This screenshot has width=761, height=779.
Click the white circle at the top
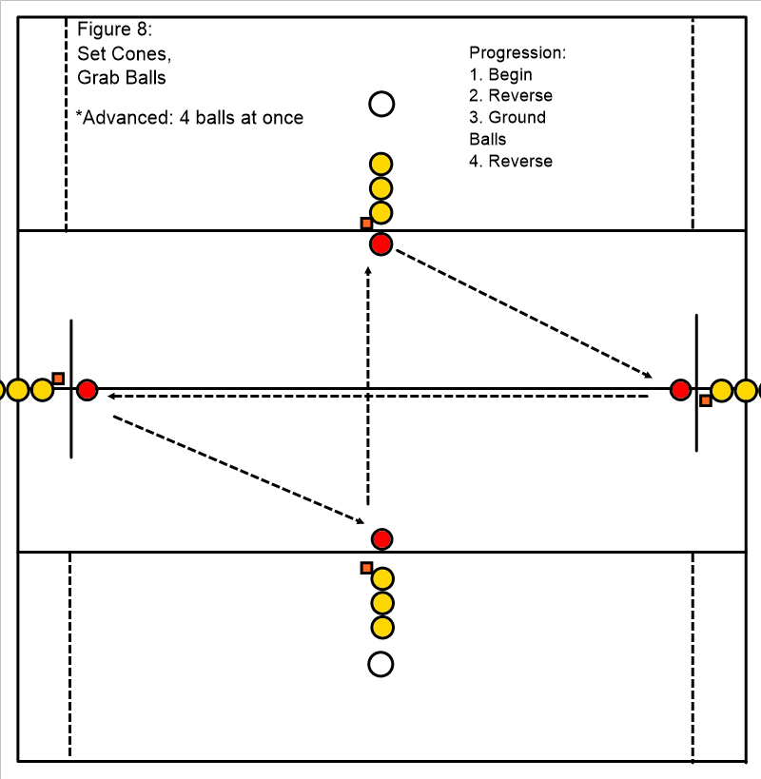pos(381,104)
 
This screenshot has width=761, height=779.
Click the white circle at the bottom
pos(381,664)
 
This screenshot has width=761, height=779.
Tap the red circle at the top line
pos(381,244)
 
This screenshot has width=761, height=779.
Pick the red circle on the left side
pos(87,390)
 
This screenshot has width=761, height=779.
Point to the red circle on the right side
pos(680,389)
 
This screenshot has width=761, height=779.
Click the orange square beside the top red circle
pos(366,224)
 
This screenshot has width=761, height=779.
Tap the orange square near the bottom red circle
pos(366,568)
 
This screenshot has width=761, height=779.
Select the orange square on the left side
pos(58,378)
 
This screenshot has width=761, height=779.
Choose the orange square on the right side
pos(705,401)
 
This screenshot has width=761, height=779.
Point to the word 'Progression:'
pos(517,52)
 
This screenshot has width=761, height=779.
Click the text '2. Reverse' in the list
pos(511,96)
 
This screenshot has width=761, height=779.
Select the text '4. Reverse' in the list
pos(511,161)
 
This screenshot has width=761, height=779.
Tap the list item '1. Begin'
pos(501,74)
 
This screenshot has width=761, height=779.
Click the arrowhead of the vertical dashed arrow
pos(368,272)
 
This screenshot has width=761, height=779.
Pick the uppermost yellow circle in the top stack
pos(381,165)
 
